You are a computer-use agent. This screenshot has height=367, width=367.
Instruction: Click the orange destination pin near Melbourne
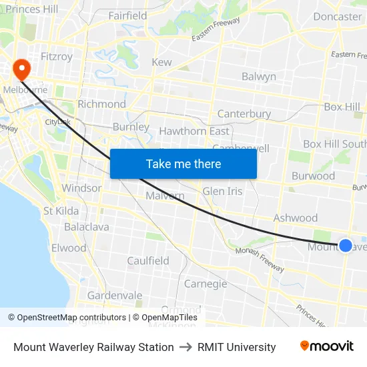[21, 68]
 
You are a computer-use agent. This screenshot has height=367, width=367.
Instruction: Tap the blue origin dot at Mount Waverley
[346, 246]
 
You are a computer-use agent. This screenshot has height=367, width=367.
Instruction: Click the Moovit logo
[326, 346]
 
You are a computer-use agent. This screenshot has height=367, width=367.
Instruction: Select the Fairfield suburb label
[127, 15]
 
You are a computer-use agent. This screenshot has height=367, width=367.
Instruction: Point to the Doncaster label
[337, 17]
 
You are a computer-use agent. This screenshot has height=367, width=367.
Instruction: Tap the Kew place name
[162, 62]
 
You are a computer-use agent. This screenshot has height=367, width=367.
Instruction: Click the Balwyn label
[259, 77]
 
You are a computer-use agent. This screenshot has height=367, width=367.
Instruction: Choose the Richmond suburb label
[101, 104]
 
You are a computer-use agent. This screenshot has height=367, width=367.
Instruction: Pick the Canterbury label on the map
[244, 113]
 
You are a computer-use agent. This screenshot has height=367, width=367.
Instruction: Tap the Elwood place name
[69, 248]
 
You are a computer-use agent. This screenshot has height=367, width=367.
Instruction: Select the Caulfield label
[148, 261]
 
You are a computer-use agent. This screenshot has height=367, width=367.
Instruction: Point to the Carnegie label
[206, 284]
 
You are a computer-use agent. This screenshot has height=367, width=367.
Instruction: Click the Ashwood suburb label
[296, 218]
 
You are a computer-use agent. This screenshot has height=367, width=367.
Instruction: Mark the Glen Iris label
[223, 192]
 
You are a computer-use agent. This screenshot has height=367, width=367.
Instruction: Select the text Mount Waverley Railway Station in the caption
[93, 347]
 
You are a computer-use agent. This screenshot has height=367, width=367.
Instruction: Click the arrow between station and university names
[186, 347]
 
